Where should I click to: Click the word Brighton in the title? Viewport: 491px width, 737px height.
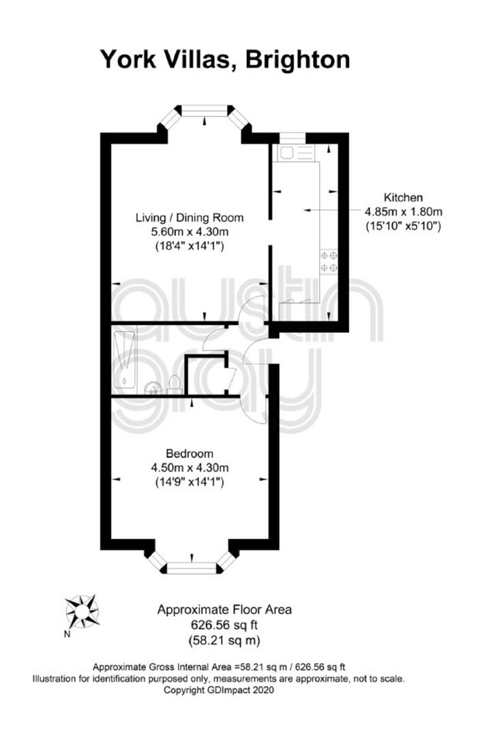tap(298, 60)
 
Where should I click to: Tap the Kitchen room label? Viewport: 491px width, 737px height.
tap(403, 197)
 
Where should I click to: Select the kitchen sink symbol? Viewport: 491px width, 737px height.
tap(295, 154)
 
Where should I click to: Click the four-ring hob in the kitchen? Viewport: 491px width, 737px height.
tap(329, 262)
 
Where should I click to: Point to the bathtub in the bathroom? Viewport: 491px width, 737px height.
tap(124, 360)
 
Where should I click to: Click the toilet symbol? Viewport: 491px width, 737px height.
tap(174, 383)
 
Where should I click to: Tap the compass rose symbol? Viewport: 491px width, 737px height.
tap(82, 611)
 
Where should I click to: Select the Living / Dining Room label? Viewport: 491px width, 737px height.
tap(190, 218)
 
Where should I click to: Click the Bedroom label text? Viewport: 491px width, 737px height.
tap(190, 454)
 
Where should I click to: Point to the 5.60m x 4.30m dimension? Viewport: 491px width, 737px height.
tap(190, 232)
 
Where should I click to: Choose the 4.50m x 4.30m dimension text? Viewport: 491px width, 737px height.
tap(190, 467)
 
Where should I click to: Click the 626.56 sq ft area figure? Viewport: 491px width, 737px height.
tap(224, 625)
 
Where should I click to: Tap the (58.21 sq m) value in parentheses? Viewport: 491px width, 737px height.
tap(224, 640)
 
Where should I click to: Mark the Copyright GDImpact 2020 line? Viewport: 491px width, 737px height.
tap(218, 690)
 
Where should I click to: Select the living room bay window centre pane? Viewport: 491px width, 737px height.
tap(205, 111)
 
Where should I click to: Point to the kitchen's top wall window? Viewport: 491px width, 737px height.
tap(293, 138)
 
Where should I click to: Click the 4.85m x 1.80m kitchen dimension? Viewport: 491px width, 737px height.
tap(404, 212)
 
